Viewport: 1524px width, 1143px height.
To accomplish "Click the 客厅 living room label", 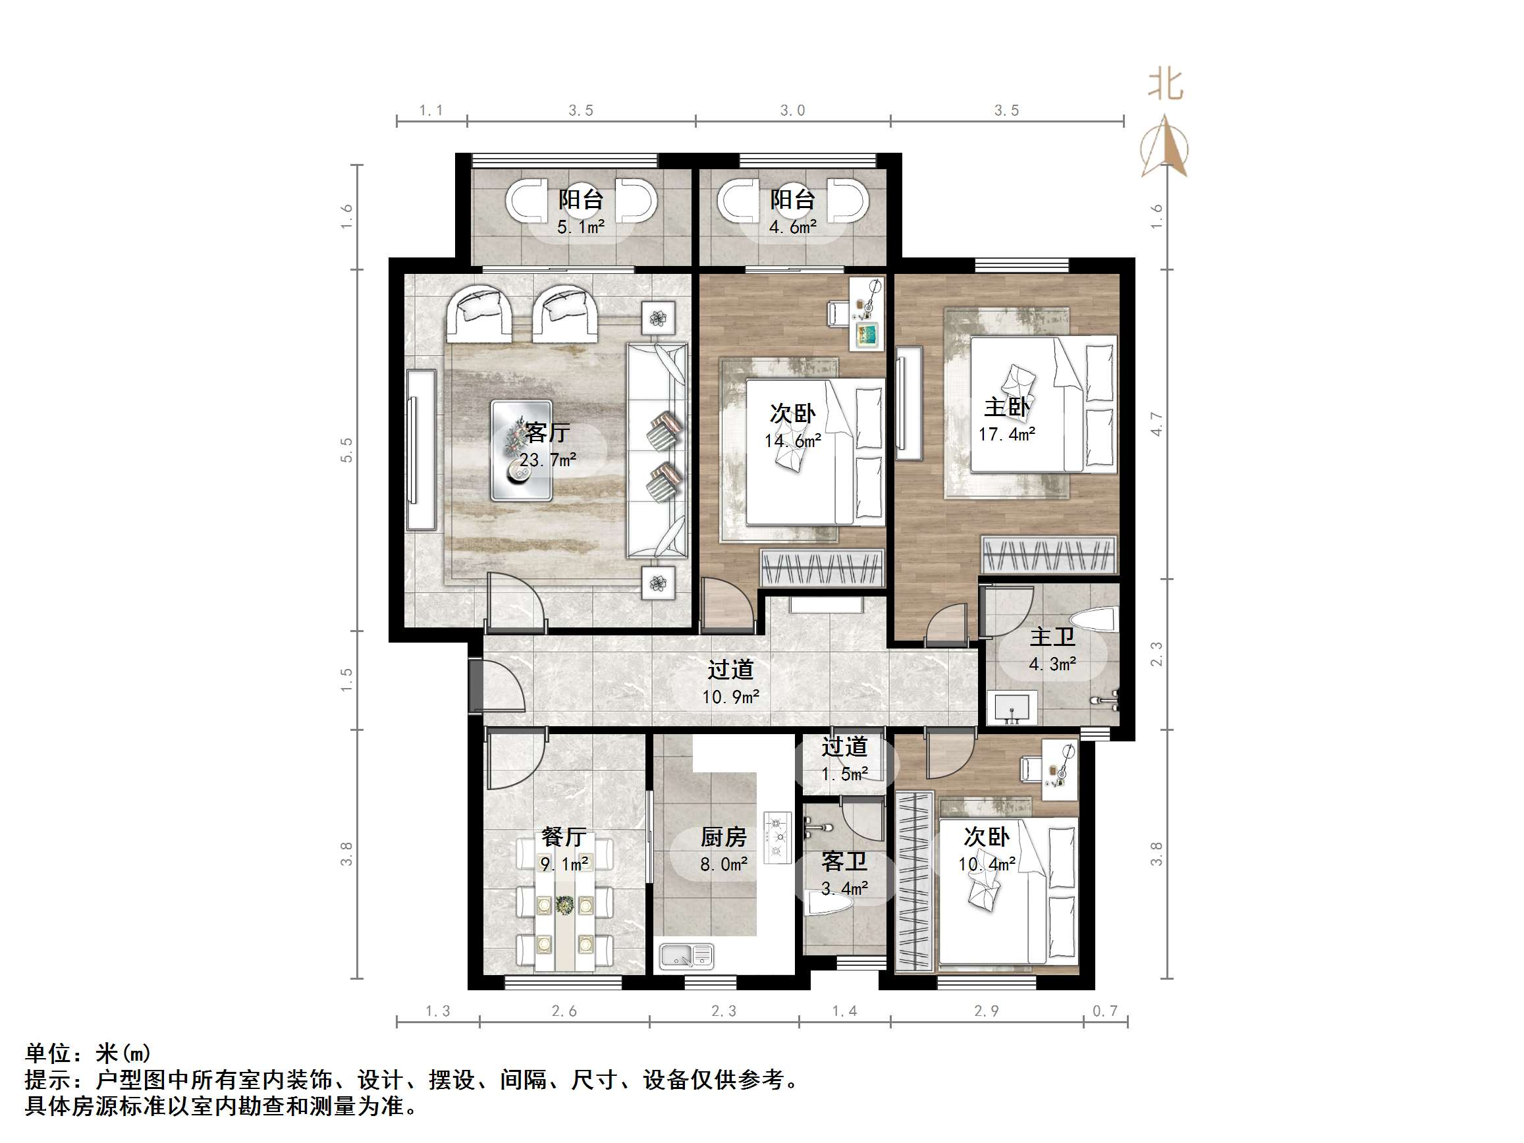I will click(x=548, y=432).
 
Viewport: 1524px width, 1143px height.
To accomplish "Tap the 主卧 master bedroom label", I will click(x=1006, y=406).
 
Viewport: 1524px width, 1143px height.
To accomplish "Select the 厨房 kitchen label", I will click(x=723, y=837).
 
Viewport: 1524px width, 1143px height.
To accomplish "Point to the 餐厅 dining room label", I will click(x=564, y=837).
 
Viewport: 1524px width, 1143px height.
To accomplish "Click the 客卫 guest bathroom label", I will click(x=844, y=862).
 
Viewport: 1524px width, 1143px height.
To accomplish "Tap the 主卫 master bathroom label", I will click(x=1052, y=637).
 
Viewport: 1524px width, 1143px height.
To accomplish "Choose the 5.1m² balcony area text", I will click(x=581, y=227).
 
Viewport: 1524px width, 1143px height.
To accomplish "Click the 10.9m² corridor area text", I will click(x=730, y=697).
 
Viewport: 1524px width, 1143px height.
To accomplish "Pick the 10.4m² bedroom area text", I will click(x=987, y=864).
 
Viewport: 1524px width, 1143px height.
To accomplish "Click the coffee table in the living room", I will click(x=521, y=450).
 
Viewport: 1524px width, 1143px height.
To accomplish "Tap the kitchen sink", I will click(x=686, y=955).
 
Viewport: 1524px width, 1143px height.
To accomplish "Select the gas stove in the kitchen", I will click(x=778, y=837).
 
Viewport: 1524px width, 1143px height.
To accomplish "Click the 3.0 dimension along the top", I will click(x=792, y=110).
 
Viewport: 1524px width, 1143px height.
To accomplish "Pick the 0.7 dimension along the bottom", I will click(x=1105, y=1011).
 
